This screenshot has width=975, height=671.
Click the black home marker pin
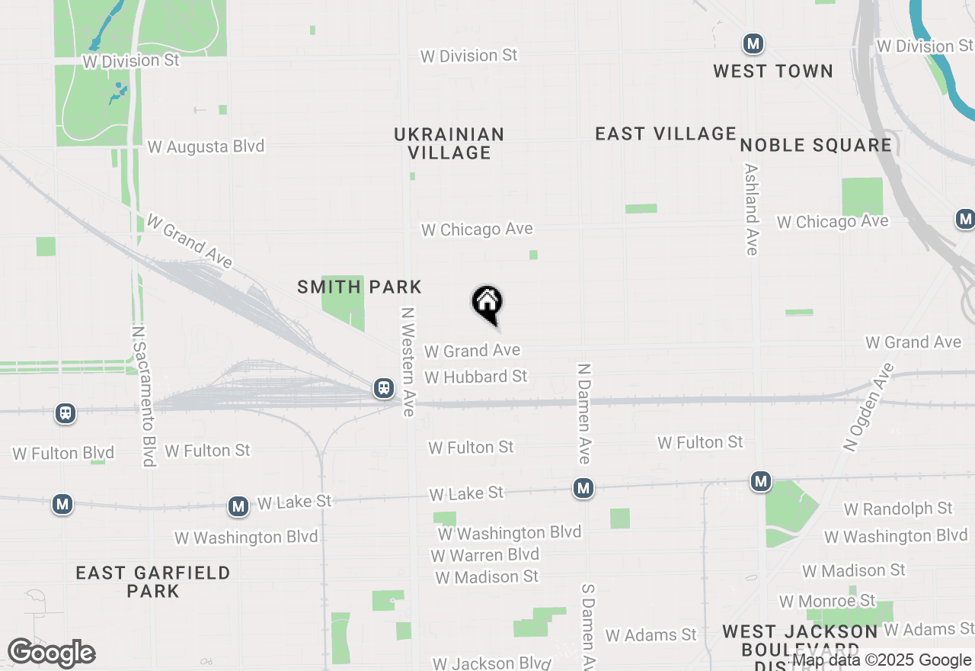(x=487, y=303)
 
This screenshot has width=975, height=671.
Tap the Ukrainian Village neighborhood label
(x=449, y=143)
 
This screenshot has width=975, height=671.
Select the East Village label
(x=666, y=133)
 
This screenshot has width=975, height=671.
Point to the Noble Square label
(x=816, y=145)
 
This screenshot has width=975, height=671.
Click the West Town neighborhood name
(x=773, y=71)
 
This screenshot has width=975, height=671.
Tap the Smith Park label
(x=360, y=287)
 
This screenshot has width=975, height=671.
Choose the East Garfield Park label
(x=153, y=581)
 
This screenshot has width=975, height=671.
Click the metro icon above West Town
(x=753, y=43)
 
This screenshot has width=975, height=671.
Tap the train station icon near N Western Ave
(x=384, y=388)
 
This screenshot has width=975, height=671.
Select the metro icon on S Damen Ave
(x=583, y=488)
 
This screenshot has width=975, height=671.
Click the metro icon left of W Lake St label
(x=238, y=506)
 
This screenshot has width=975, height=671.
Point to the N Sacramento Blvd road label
(x=143, y=396)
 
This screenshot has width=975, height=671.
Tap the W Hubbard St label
(x=476, y=377)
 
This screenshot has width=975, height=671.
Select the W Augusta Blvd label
(x=206, y=146)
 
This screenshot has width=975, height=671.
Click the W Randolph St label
(x=898, y=508)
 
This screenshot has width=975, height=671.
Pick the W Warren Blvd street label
(x=485, y=554)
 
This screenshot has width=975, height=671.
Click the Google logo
(x=51, y=653)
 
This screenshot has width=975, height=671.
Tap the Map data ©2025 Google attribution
(x=882, y=660)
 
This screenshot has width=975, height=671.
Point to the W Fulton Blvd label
(x=63, y=454)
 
